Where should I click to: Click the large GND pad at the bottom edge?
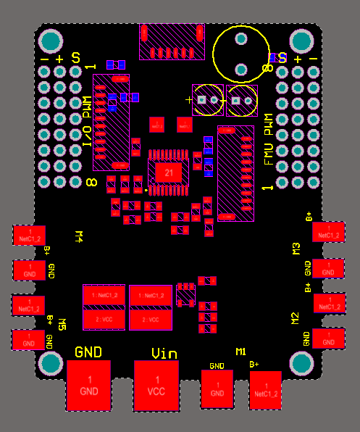click(89, 386)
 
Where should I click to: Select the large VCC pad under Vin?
click(156, 385)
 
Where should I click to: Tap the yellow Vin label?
click(164, 353)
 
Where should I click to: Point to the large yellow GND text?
click(89, 352)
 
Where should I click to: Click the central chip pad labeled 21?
click(169, 173)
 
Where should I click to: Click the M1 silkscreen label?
click(241, 352)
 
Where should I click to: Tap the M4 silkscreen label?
click(80, 236)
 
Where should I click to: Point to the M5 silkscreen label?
click(62, 323)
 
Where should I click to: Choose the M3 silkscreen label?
click(296, 249)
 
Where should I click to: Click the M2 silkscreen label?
click(295, 318)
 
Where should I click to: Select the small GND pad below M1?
click(217, 389)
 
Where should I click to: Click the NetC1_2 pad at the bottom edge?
click(265, 391)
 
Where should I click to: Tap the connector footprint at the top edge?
click(172, 41)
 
